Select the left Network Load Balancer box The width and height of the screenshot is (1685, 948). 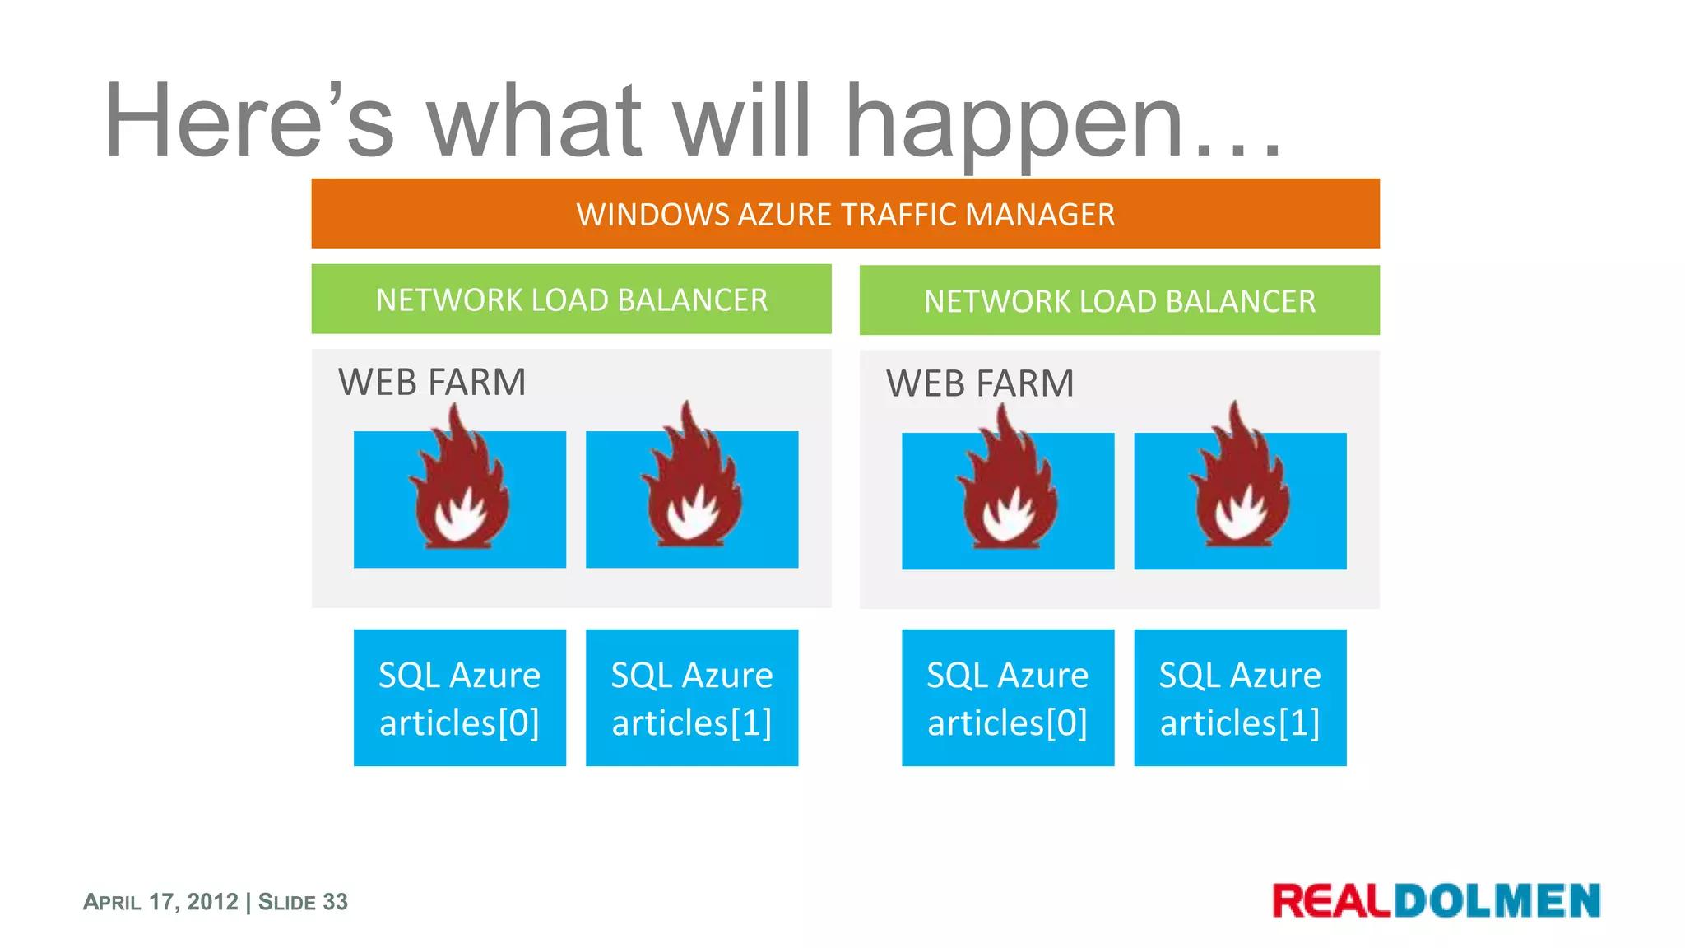571,300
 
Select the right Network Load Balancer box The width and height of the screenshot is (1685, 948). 1119,301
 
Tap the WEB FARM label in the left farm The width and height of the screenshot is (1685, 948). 432,383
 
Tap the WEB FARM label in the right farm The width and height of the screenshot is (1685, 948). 980,384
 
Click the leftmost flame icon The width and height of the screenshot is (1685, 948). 459,486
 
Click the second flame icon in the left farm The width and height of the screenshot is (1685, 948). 692,486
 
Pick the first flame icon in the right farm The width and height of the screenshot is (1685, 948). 1007,487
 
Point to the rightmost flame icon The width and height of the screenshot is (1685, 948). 1239,487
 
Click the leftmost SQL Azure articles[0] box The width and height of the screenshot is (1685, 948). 459,698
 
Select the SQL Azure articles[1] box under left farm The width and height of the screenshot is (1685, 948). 692,698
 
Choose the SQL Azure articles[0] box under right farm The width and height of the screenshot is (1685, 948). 1007,698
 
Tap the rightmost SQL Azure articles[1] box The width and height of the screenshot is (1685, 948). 1239,698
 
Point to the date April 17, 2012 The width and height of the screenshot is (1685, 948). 160,902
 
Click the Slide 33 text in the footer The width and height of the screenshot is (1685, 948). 303,902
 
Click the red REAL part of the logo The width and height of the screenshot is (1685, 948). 1331,900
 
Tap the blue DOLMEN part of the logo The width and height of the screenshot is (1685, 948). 1497,900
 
